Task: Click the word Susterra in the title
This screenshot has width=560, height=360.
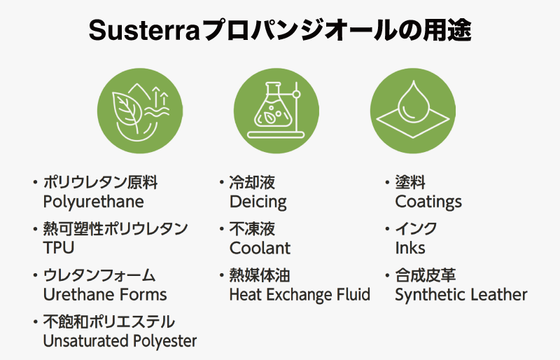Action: coord(143,31)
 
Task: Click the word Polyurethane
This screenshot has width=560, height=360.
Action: coord(94,202)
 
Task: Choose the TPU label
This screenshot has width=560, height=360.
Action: coord(59,248)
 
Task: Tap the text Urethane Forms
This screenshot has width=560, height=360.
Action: coord(105,295)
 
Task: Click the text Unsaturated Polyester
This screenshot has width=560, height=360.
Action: coord(120,341)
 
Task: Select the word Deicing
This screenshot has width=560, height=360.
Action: coord(258,202)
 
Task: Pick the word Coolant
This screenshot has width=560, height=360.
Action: coord(260,248)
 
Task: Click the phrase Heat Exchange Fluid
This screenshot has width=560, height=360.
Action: coord(300,295)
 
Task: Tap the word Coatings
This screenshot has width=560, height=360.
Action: coord(428,202)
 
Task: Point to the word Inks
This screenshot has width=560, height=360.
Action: coord(410,248)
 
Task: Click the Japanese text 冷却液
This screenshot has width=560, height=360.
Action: coord(252,182)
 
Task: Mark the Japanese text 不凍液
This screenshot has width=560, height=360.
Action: coord(252,229)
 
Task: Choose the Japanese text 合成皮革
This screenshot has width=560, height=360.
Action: coord(426,275)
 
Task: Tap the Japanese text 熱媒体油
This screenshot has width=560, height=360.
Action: coord(260,275)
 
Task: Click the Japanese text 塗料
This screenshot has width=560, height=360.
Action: coord(410,182)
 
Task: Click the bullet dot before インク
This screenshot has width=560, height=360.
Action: coord(387,229)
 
